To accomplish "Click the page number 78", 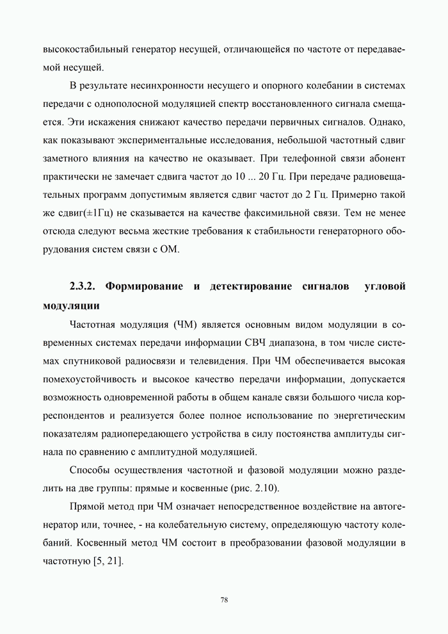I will click(224, 600).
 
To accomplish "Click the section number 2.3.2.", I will click(84, 285).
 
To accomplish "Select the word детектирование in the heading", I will click(251, 285).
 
